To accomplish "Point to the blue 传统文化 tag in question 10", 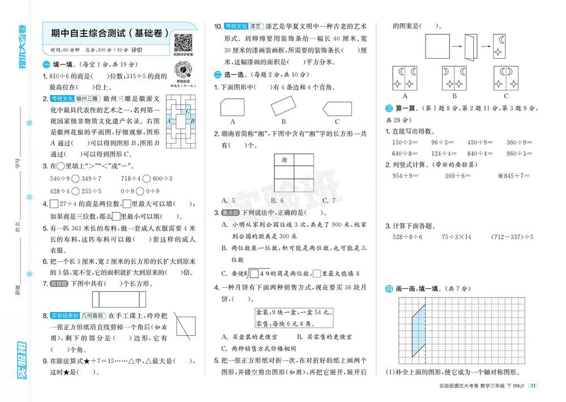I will click(x=235, y=27).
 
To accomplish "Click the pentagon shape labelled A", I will click(x=233, y=106).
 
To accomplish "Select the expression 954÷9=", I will click(x=406, y=176).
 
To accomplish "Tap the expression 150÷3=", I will click(x=404, y=142).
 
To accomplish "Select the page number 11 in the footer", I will click(x=533, y=386).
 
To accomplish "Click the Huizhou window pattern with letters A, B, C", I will click(x=181, y=120).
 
